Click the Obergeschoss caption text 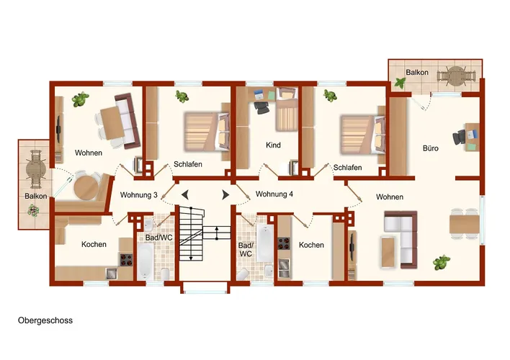click(45, 320)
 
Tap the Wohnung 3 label click(139, 195)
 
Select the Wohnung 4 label click(274, 194)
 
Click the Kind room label click(273, 145)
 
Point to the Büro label click(430, 148)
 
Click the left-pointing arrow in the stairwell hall click(184, 195)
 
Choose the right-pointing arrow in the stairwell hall click(225, 195)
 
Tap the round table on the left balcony click(35, 169)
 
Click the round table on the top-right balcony click(456, 76)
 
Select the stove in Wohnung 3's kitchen click(126, 260)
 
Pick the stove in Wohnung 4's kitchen click(283, 243)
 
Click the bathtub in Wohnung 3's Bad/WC click(146, 262)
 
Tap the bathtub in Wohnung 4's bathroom click(264, 243)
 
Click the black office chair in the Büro click(460, 138)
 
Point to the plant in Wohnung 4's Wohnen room click(442, 262)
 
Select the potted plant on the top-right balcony click(400, 84)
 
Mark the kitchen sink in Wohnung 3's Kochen click(112, 273)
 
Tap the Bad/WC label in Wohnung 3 click(158, 238)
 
